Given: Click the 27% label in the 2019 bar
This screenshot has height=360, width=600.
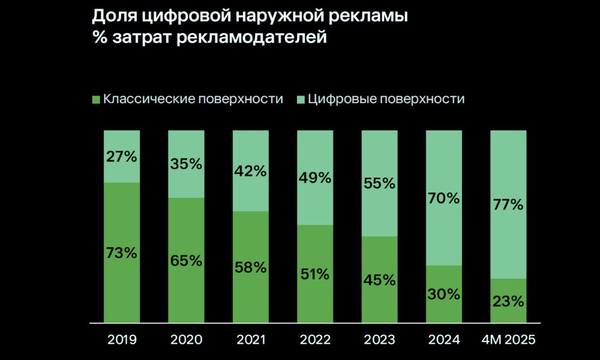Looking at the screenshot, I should (122, 157).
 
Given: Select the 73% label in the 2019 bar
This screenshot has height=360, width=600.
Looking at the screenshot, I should (122, 253).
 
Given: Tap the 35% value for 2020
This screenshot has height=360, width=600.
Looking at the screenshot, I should (186, 164).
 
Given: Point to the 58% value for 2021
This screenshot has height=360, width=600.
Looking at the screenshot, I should (250, 267).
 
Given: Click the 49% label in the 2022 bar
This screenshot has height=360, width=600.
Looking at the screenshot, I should (315, 178).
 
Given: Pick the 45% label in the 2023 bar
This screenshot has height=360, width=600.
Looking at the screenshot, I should (379, 280).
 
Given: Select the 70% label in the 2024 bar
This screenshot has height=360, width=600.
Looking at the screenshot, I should (444, 198).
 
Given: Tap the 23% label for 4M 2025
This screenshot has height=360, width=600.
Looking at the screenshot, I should (508, 301).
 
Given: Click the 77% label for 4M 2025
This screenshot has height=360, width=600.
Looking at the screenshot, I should (508, 205).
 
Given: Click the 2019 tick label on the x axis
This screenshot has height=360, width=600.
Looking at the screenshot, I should (122, 340).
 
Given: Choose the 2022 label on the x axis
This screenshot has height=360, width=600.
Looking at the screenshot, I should (315, 340).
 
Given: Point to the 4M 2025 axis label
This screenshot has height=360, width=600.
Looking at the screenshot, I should (508, 340).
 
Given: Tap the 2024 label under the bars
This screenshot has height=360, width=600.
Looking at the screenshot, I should (444, 340).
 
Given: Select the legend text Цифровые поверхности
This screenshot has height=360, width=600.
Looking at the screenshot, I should (386, 99).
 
